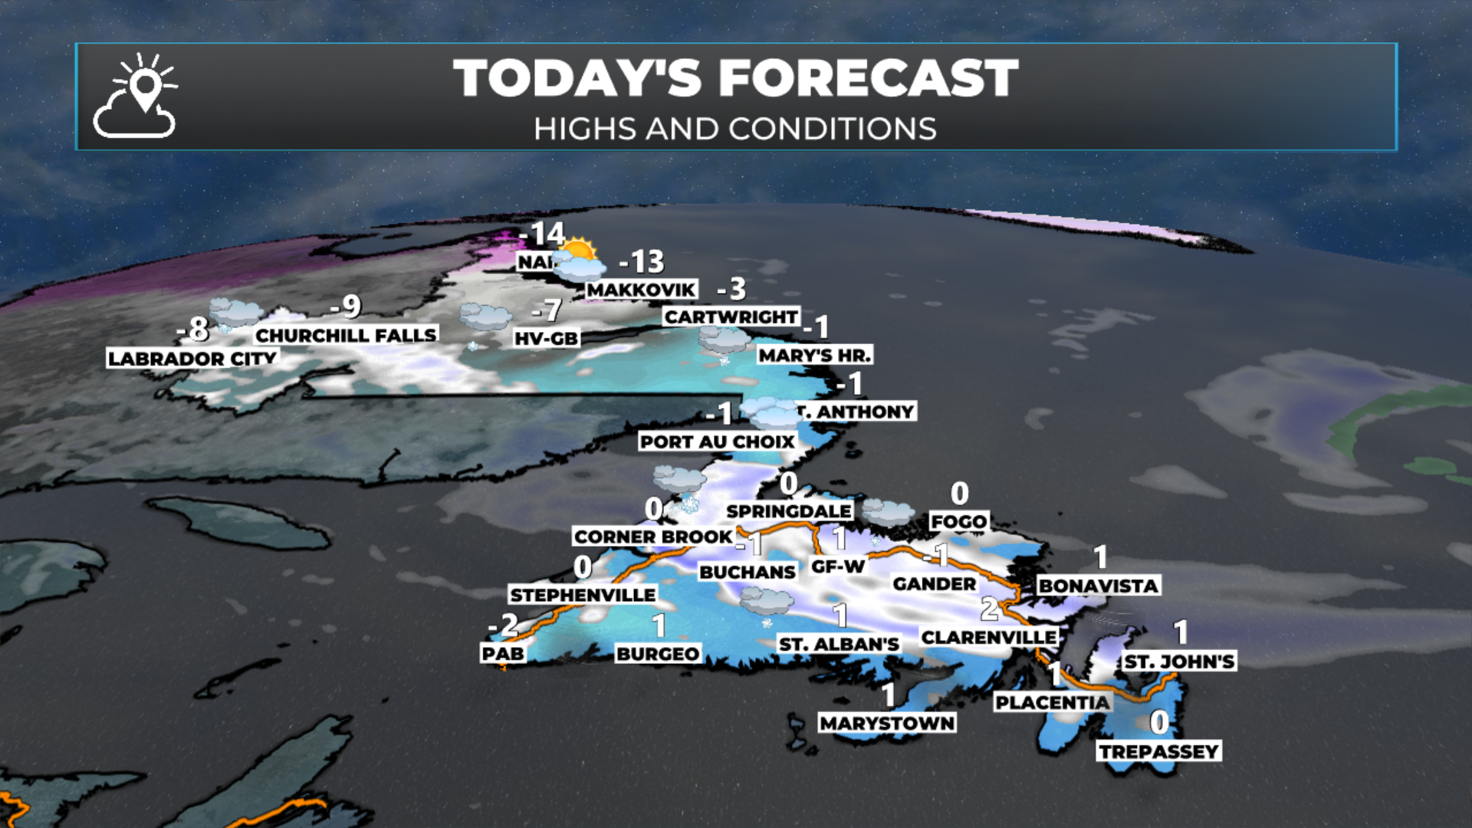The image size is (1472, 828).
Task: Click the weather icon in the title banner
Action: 136,96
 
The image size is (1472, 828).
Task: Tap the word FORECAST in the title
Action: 868,79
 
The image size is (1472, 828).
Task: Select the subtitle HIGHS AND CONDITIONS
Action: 735,129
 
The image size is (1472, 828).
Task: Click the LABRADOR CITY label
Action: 192,359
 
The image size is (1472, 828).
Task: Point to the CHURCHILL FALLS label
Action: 346,335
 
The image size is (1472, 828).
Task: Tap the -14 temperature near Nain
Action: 542,233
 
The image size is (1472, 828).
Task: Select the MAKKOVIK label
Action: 642,290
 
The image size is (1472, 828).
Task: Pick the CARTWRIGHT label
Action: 731,317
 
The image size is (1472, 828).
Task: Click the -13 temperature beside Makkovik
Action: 642,262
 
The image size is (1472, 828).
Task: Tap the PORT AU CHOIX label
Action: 718,442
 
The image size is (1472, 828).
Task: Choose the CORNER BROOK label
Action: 653,537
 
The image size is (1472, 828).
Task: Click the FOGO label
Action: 958,522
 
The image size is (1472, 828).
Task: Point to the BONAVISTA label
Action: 1098,586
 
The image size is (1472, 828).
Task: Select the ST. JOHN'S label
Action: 1179,662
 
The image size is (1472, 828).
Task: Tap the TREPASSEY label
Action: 1159,751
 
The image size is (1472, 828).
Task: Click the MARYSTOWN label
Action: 887,723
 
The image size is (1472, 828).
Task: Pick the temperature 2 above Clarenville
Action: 990,609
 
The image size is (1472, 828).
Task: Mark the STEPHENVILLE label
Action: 583,595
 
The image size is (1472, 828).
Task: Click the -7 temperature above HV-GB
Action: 547,310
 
